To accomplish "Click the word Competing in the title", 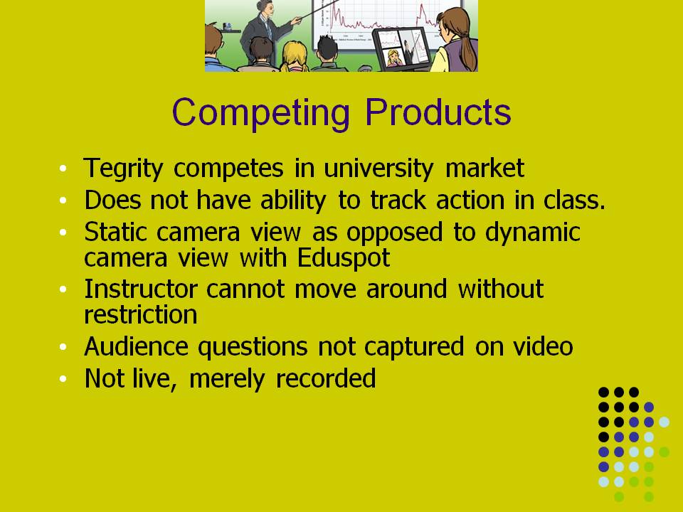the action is click(260, 112).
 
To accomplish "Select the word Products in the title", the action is click(438, 112).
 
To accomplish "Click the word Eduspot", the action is click(343, 257).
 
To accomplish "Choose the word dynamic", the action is click(532, 233).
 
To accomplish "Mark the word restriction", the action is click(140, 314).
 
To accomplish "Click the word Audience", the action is click(136, 346).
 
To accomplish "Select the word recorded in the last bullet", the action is click(326, 378).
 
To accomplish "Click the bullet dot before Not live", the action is click(63, 379).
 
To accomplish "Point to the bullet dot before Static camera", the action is click(63, 233).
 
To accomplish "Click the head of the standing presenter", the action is click(265, 6).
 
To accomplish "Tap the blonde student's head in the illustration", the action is click(295, 55).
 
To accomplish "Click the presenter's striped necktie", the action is click(269, 28).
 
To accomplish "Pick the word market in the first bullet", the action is click(485, 168).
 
